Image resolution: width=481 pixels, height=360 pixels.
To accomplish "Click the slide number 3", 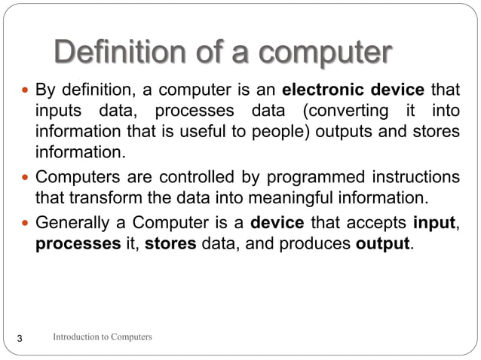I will [x=20, y=338].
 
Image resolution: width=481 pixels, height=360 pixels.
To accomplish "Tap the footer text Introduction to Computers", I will [x=103, y=337].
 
